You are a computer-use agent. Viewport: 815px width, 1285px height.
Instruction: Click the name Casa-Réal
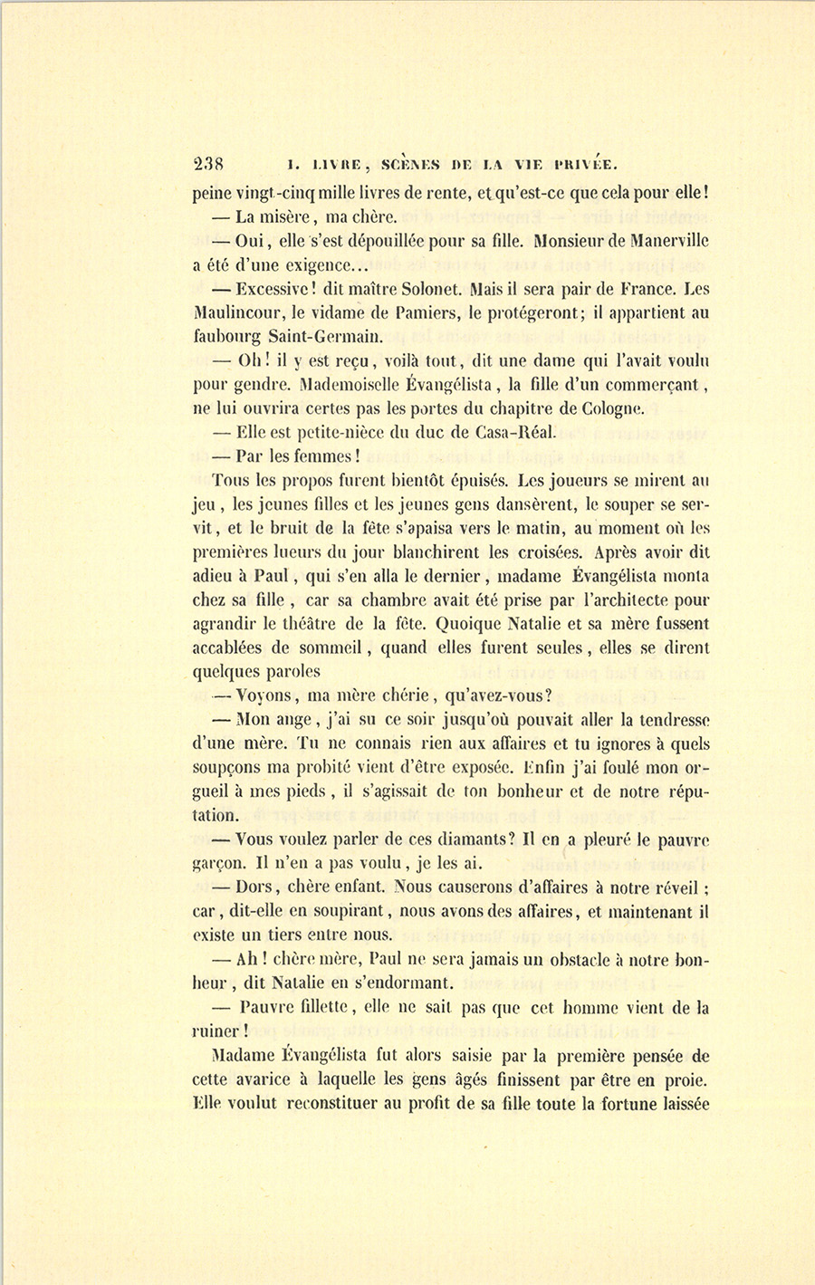point(508,432)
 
